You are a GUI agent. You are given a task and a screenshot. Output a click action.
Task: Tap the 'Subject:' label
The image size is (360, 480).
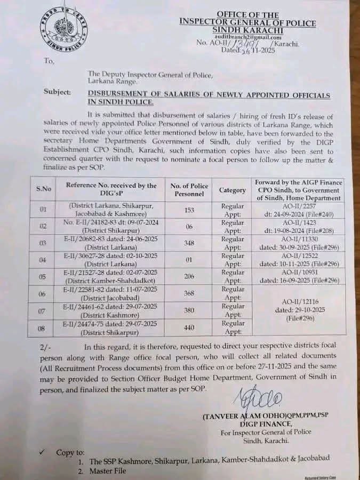[57, 92]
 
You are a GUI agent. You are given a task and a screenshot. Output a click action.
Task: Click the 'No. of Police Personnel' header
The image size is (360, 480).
[189, 189]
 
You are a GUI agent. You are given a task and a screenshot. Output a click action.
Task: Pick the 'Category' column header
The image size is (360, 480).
[233, 190]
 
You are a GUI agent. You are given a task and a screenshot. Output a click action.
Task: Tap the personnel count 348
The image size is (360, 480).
[188, 243]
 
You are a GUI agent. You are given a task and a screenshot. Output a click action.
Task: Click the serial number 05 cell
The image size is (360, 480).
[43, 276]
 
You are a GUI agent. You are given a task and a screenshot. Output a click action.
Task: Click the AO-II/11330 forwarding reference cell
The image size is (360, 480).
[299, 243]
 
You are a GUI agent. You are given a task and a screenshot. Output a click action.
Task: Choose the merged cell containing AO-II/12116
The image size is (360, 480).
[299, 309]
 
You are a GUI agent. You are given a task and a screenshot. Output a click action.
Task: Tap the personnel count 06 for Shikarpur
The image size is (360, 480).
[188, 226]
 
